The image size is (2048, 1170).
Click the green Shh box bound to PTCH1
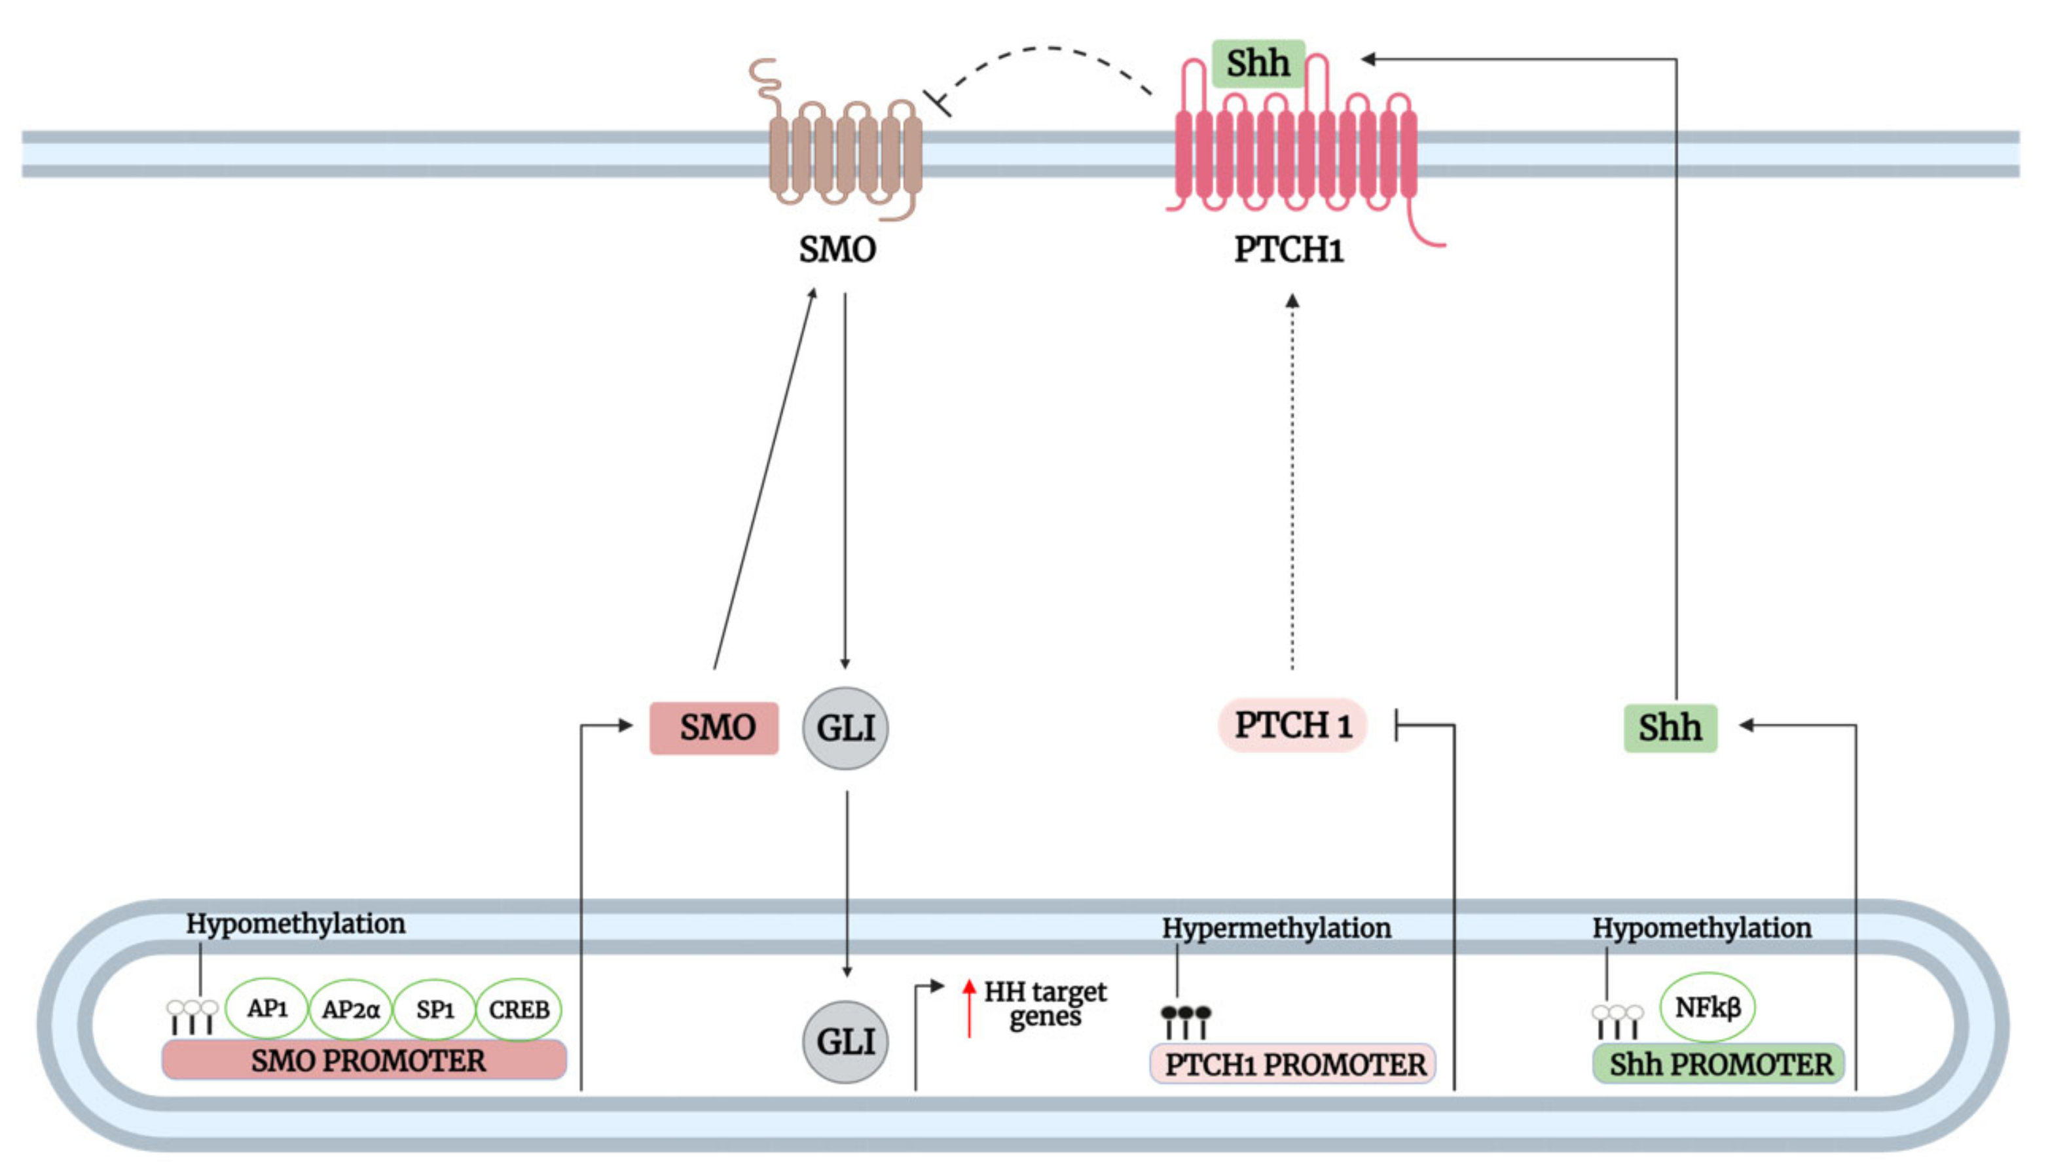tap(1258, 63)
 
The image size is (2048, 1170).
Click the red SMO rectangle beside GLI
tap(714, 728)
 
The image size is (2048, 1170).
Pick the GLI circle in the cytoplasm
tap(845, 728)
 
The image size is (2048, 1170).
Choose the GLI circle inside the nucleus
tap(845, 1042)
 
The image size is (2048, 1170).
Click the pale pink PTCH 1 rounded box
tap(1292, 726)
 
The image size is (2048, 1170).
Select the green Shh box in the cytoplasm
tap(1670, 728)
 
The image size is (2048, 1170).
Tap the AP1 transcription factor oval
tap(267, 1008)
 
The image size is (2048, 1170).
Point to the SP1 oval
tap(435, 1009)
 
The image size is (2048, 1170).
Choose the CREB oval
tap(519, 1009)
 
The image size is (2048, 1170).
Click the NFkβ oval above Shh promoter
tap(1707, 1007)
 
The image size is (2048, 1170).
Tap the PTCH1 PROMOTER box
tap(1292, 1065)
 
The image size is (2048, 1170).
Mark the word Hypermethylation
tap(1276, 928)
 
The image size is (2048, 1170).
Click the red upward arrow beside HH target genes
tap(970, 1008)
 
